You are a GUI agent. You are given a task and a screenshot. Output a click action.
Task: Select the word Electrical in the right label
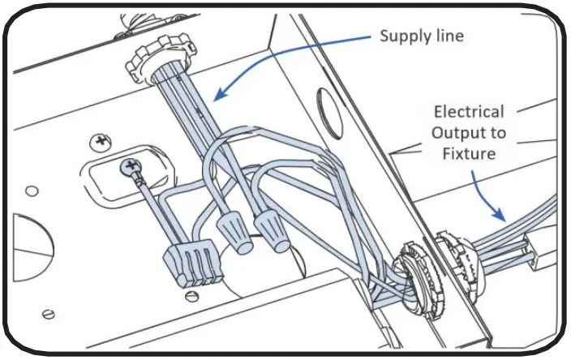point(468,112)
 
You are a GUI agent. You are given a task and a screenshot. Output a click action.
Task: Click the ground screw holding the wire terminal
point(129,167)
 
